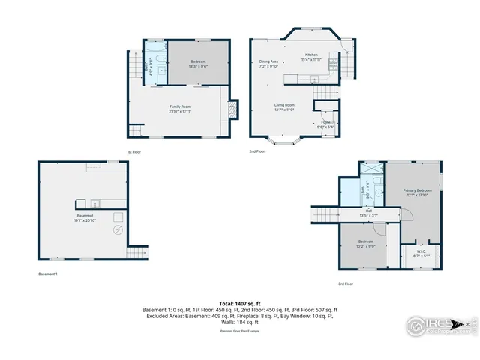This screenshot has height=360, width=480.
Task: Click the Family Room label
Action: click(180, 107)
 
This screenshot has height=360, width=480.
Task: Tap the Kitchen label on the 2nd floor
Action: click(312, 55)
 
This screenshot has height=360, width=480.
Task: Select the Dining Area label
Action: click(268, 61)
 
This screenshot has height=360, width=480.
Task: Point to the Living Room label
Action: click(283, 106)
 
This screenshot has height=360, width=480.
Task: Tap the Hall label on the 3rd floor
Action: click(369, 211)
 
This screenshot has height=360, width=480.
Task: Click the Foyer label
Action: click(325, 122)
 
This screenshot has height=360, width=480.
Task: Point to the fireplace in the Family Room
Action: click(233, 109)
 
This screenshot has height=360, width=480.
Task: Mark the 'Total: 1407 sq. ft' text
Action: click(240, 303)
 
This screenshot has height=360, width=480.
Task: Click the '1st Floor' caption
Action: click(134, 151)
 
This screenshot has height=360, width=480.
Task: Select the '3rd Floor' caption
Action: click(345, 283)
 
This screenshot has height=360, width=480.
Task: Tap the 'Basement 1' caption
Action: click(47, 274)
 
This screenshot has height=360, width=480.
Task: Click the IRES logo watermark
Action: click(439, 324)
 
